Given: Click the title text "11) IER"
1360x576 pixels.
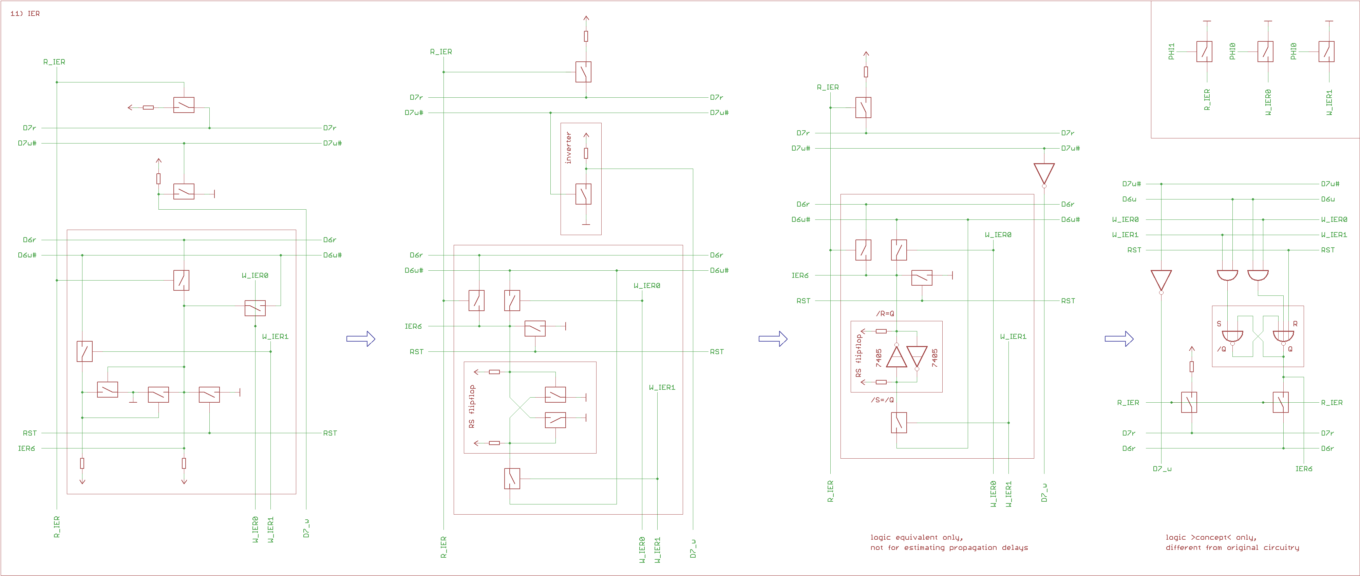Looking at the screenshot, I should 25,14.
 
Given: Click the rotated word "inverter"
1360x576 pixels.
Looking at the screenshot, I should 568,148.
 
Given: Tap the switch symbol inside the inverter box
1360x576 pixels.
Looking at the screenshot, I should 583,194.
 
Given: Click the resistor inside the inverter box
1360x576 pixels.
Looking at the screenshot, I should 586,153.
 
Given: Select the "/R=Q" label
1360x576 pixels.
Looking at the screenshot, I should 885,313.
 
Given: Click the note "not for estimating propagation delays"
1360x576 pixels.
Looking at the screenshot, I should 949,548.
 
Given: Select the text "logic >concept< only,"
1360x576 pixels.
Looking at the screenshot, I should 1211,537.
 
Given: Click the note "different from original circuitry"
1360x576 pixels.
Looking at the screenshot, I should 1232,548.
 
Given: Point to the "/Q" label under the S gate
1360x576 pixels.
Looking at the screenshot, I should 1221,349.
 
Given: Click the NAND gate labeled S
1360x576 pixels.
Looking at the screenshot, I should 1232,336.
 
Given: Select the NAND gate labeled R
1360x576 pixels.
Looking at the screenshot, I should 1283,336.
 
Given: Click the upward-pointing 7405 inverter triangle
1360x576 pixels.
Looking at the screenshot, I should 896,357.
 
